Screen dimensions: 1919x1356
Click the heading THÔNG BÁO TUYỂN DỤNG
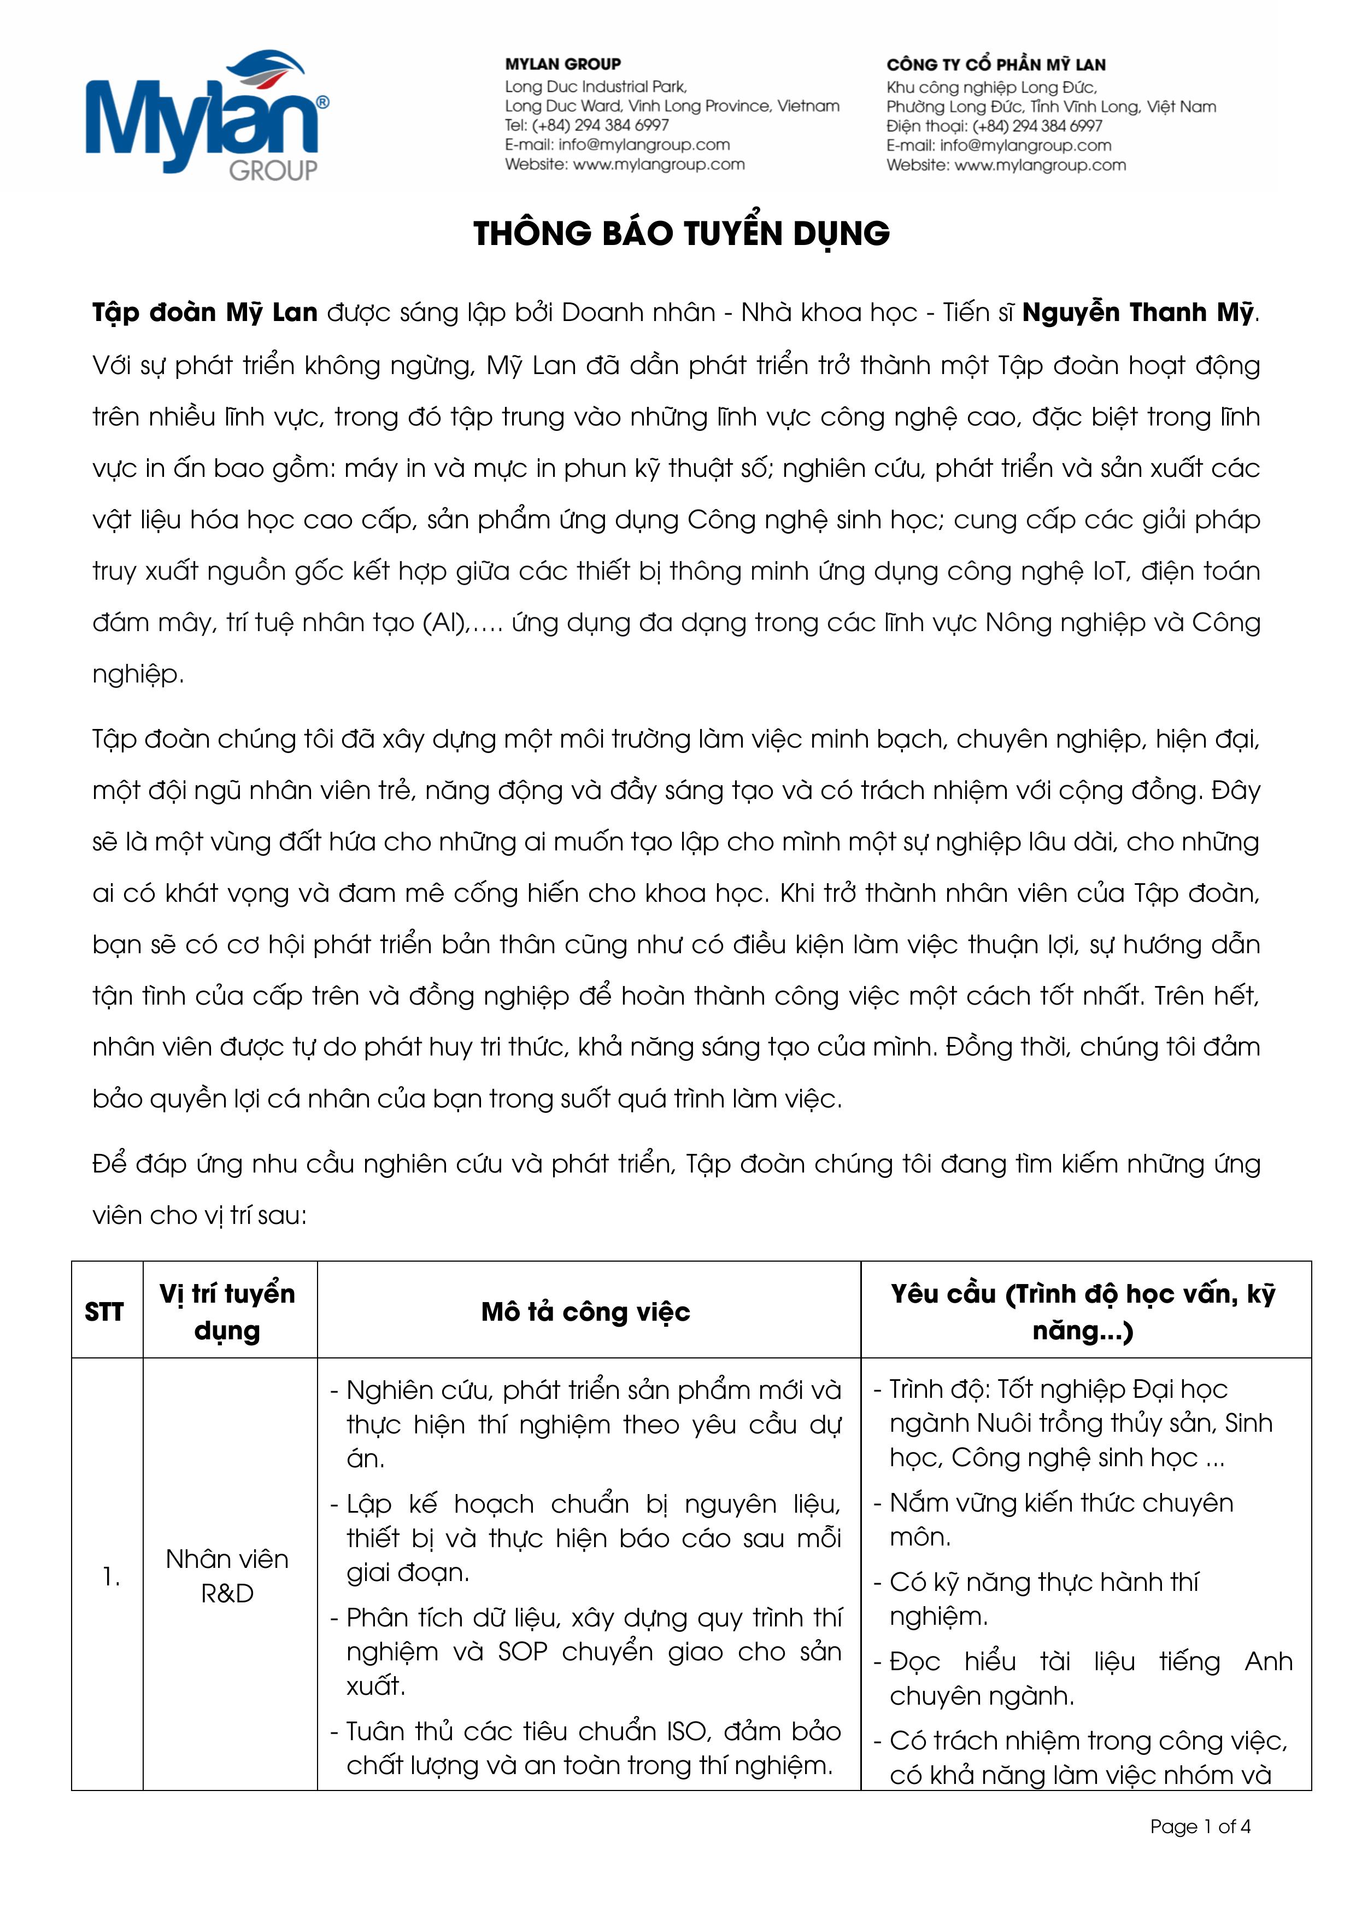click(681, 233)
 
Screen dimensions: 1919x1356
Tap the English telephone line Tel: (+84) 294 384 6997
click(586, 125)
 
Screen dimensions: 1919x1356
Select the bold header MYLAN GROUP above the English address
click(562, 65)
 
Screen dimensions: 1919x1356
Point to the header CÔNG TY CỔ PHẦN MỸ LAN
click(995, 65)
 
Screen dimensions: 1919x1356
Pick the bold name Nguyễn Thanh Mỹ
click(1138, 313)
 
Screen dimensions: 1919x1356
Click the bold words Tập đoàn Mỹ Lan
click(205, 313)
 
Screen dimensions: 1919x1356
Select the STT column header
click(104, 1312)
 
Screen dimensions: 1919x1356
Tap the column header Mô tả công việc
click(586, 1312)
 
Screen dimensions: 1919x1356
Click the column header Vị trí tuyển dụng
click(227, 1311)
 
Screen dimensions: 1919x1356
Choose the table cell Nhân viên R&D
click(227, 1576)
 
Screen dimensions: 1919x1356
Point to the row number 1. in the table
click(111, 1576)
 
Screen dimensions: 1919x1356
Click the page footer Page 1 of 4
click(1200, 1826)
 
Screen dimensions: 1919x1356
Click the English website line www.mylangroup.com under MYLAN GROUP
click(624, 165)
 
